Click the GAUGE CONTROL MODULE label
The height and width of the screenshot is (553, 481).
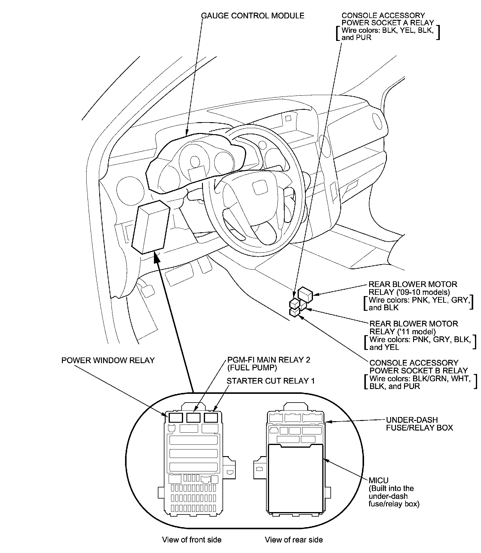coord(253,16)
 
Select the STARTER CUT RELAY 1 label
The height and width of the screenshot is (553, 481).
coord(270,381)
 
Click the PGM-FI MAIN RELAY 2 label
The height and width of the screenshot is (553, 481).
coord(268,360)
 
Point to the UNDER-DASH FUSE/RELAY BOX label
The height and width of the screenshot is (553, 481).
coord(419,424)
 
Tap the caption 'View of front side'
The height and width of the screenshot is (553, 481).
coord(191,540)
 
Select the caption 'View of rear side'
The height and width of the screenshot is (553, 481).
coord(294,540)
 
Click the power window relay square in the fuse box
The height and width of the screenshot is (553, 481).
coord(176,418)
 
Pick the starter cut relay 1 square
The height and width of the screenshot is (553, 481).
coord(211,418)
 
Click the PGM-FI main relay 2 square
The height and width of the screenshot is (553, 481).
coord(193,418)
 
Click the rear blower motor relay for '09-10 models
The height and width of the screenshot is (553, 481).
coord(305,294)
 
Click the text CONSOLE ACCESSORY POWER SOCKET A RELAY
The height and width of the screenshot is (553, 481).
coord(388,19)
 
